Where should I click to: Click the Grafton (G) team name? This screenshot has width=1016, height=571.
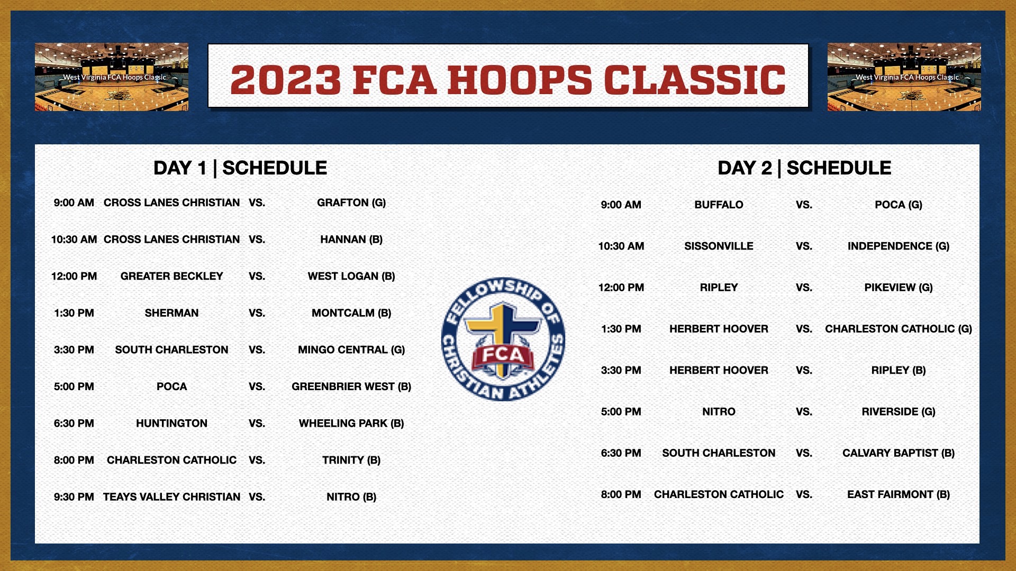click(351, 203)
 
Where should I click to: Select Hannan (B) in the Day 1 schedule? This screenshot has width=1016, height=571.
click(351, 240)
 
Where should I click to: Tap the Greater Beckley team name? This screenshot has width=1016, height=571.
click(171, 277)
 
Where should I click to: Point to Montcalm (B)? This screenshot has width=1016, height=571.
click(351, 313)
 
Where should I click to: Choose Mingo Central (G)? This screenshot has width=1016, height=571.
click(351, 350)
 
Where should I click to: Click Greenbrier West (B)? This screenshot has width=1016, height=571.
click(351, 386)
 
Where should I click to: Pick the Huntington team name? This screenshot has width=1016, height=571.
click(171, 423)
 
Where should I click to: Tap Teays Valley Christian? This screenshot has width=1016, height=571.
click(171, 497)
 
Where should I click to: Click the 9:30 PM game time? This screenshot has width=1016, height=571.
click(74, 497)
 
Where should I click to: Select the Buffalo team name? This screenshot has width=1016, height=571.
click(719, 205)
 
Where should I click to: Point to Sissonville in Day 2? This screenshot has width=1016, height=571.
click(719, 246)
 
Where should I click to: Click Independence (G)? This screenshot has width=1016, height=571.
click(899, 246)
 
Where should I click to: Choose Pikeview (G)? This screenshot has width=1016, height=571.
click(899, 288)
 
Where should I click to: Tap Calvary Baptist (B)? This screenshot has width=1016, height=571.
click(899, 453)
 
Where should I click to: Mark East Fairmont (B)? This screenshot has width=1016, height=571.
click(899, 495)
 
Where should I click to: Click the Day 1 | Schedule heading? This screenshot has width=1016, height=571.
click(240, 168)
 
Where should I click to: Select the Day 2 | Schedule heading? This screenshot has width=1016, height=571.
click(804, 168)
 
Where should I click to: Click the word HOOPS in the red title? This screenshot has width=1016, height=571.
click(520, 80)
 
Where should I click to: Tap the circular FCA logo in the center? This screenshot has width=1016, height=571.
click(503, 339)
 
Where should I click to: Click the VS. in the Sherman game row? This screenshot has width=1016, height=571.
click(257, 313)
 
